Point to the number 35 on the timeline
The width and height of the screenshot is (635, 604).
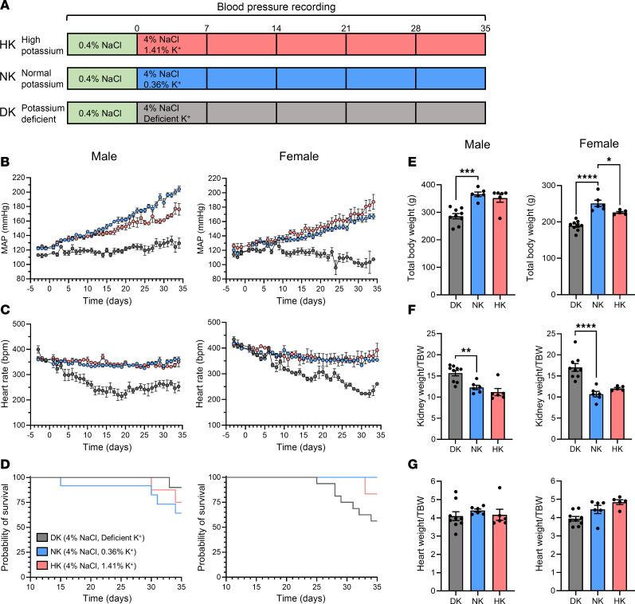[484, 27]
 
